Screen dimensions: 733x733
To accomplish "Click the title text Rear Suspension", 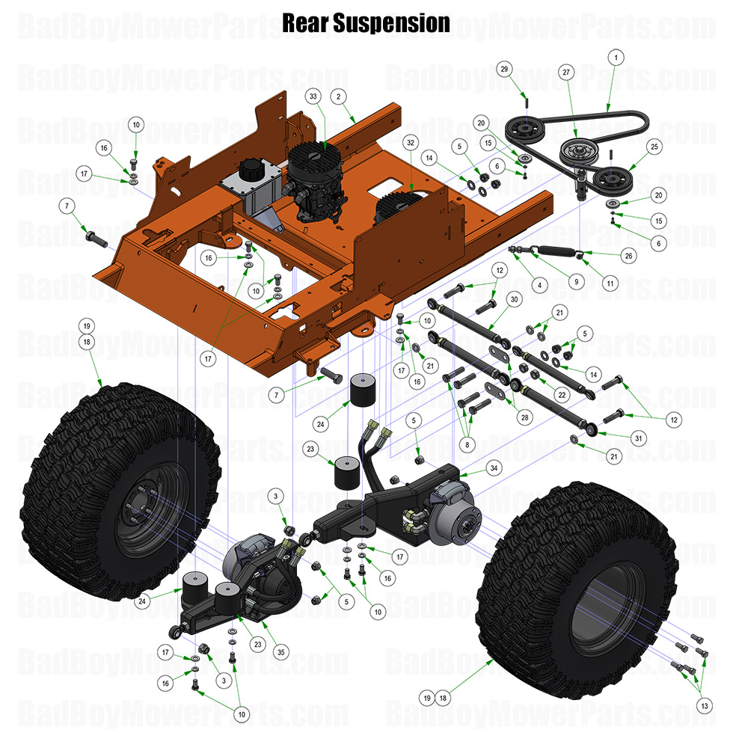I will (x=366, y=22).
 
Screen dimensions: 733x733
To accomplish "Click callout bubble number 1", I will (x=616, y=57).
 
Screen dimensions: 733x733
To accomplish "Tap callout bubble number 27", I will (x=565, y=72).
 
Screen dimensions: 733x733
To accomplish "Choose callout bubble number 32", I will (x=410, y=141).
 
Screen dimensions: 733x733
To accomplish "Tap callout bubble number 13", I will (x=703, y=705).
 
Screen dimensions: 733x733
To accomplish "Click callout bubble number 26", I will (x=628, y=255).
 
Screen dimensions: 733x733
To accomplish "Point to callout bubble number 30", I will (x=512, y=298).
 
